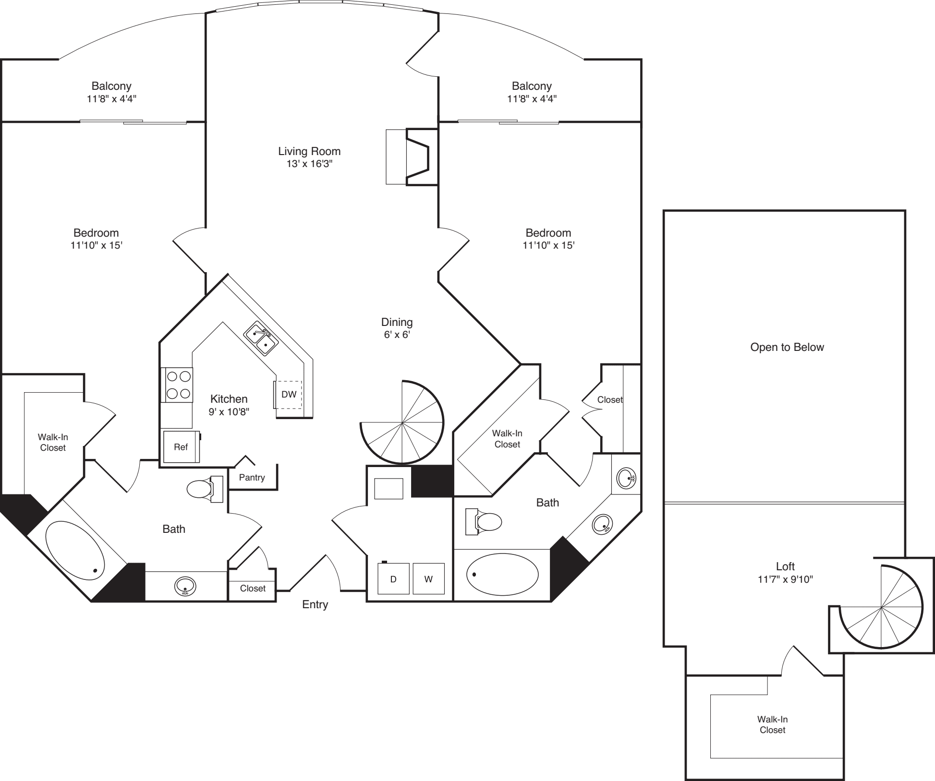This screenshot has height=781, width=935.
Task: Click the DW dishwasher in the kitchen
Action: (288, 395)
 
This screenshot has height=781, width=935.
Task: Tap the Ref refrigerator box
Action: (181, 446)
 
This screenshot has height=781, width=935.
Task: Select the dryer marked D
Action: (393, 579)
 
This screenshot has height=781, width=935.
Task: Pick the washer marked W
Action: (428, 579)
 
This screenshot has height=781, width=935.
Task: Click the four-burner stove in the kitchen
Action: (179, 385)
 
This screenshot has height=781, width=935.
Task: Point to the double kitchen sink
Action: (261, 338)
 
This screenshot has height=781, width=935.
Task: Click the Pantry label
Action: (252, 477)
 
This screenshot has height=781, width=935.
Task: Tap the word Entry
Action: (315, 604)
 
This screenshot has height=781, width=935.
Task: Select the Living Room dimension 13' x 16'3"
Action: (309, 164)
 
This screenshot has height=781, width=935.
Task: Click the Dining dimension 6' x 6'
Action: (397, 335)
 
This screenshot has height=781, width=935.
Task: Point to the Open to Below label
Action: (787, 347)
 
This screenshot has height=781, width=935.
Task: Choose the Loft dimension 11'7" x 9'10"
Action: (785, 579)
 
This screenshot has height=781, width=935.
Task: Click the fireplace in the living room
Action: (412, 156)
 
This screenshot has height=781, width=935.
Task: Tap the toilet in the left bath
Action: (205, 489)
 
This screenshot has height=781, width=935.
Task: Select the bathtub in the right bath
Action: (502, 574)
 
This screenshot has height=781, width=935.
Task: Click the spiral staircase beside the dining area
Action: (402, 422)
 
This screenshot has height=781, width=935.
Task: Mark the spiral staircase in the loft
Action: (882, 607)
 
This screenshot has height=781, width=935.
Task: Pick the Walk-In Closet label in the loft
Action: (772, 724)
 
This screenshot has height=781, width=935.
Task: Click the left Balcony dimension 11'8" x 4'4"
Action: (111, 99)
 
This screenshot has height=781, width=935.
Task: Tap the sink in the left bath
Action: (185, 586)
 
